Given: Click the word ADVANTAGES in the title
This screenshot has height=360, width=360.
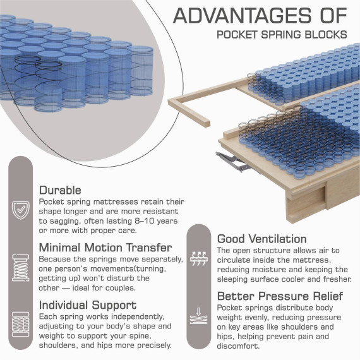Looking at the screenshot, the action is (x=243, y=15).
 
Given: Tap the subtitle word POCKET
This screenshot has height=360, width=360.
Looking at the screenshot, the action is (x=237, y=35).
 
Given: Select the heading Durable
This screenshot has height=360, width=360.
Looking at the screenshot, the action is (x=60, y=190).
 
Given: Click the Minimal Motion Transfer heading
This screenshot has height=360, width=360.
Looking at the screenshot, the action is (x=105, y=248).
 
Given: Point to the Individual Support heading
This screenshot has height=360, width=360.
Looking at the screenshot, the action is (x=88, y=305).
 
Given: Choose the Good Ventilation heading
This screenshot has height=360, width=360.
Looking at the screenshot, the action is (x=262, y=239).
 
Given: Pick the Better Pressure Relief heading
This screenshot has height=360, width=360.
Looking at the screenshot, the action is (x=280, y=296).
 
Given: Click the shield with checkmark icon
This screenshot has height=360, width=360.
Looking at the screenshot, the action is (x=21, y=210).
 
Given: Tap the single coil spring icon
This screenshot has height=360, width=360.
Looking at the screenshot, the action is (x=21, y=268).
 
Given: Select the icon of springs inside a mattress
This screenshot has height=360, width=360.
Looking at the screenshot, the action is (x=21, y=324).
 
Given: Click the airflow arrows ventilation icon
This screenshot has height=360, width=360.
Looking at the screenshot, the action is (x=199, y=258).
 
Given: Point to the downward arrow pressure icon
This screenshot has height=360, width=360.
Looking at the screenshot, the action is (x=199, y=316).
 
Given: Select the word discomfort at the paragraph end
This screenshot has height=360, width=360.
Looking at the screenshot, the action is (x=238, y=345).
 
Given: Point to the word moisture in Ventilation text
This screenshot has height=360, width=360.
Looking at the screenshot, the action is (x=269, y=270).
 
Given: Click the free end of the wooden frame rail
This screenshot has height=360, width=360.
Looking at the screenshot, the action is (x=205, y=123).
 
